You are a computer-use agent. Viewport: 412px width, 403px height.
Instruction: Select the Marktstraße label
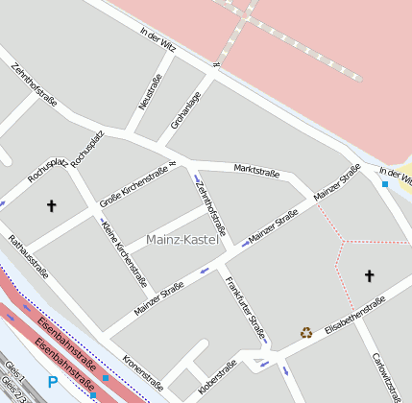coord(256,171)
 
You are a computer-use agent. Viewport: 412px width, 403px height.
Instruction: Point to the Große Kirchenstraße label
coord(133,186)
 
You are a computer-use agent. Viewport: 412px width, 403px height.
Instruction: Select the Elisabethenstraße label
coord(354,316)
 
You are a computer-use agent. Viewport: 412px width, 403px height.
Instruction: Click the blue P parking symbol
coord(52,382)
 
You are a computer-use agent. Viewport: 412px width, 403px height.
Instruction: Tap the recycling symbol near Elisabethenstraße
coord(306,332)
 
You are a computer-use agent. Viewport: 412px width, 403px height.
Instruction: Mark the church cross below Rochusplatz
coord(52,205)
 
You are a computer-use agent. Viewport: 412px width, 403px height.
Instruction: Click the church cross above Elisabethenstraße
coord(369,276)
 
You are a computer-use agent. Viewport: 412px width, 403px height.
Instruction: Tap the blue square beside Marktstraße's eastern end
coord(385,183)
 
